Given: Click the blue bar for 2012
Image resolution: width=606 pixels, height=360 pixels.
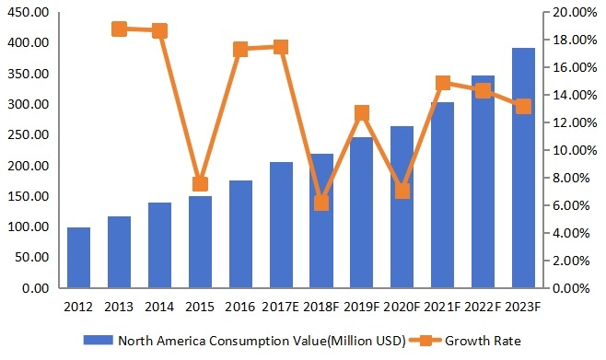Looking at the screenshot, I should [x=78, y=258].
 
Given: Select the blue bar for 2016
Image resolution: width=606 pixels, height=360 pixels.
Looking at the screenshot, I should [x=240, y=235].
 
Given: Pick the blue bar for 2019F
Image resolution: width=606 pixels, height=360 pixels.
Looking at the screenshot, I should [x=361, y=213].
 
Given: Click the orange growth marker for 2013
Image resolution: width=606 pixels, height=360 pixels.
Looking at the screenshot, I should [x=119, y=29].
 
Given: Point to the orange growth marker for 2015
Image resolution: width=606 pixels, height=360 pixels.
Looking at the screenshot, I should [x=200, y=183].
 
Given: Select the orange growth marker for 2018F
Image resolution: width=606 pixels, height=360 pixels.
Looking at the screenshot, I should [x=320, y=203].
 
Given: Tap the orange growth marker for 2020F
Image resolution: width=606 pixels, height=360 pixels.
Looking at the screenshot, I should [x=402, y=191].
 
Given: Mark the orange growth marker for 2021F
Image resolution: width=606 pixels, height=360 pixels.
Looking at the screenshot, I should [x=442, y=83].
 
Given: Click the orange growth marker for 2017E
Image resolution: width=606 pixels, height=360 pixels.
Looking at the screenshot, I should [x=281, y=47].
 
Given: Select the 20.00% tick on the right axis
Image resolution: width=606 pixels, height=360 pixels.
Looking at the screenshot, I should [x=577, y=13].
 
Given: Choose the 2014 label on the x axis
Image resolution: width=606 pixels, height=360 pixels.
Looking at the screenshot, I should [x=159, y=305].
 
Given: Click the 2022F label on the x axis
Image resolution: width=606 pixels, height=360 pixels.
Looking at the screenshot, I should [x=483, y=305].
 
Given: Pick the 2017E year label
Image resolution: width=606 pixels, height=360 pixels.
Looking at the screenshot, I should [x=281, y=305].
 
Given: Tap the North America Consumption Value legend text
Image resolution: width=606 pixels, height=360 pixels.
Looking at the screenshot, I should [x=261, y=340].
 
